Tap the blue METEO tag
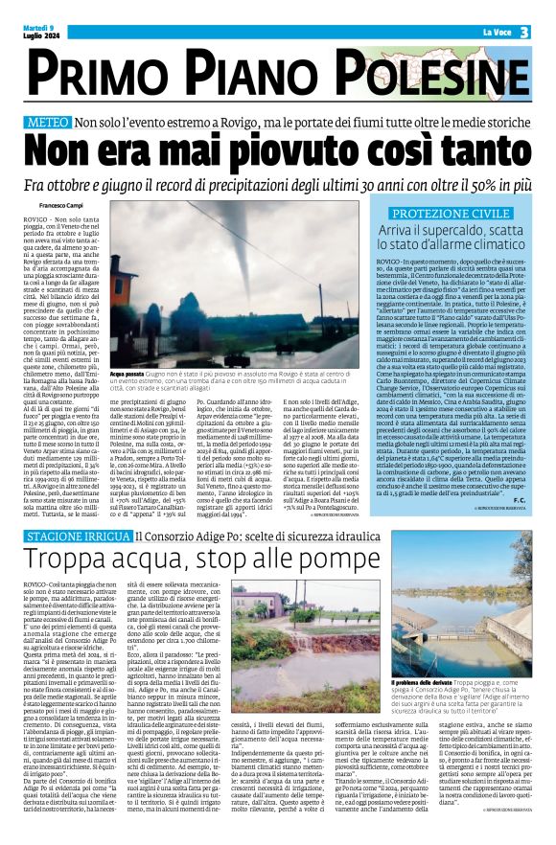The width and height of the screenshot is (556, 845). click(47, 124)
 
